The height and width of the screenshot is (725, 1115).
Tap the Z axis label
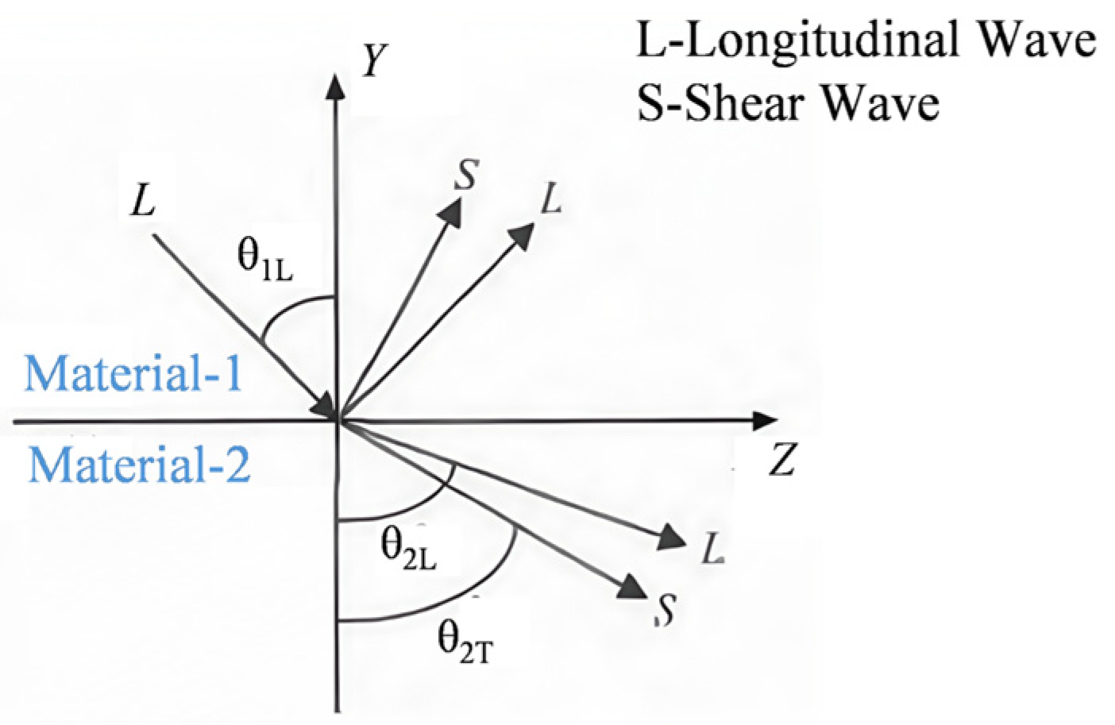click(782, 458)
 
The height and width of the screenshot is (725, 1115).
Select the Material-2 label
click(139, 465)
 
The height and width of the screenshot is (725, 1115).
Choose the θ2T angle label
click(465, 643)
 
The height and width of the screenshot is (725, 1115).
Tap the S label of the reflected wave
click(466, 175)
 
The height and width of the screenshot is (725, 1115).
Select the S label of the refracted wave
click(666, 611)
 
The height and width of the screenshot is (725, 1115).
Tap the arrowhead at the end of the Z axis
click(765, 421)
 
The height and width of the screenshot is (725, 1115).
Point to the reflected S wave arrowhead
click(451, 212)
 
